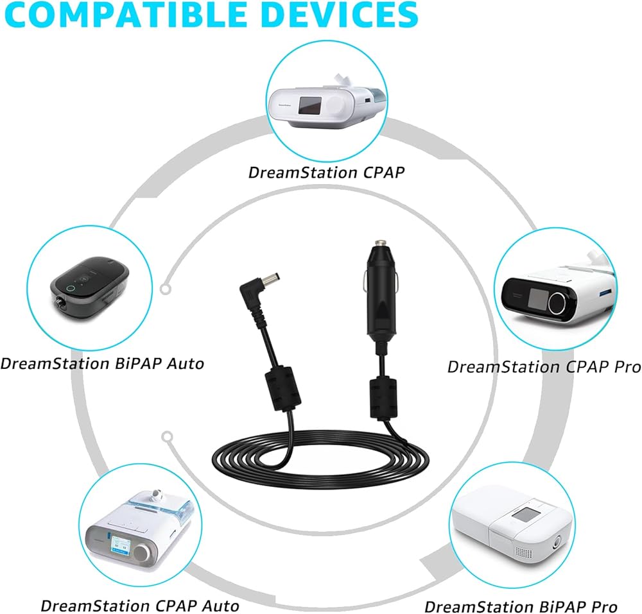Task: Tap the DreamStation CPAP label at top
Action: point(327,172)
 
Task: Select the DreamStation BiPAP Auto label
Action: point(102,363)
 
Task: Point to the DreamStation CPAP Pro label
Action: point(544,366)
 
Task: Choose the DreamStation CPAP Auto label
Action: point(139,605)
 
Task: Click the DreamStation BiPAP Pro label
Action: point(521,606)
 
